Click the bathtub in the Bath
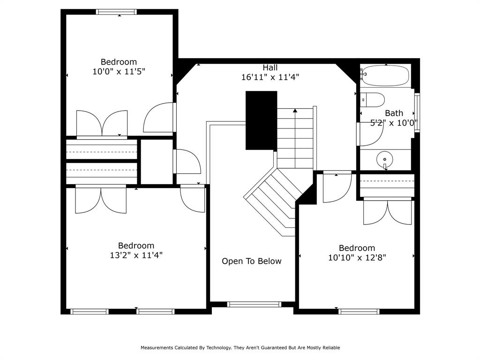pos(385,76)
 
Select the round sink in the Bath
pos(385,160)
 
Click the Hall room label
pos(270,67)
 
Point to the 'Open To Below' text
pos(252,261)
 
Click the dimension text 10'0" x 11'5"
pos(119,72)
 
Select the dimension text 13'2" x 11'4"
pos(136,255)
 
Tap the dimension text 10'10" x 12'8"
pos(357,258)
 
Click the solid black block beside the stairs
pos(261,120)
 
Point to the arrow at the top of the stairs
pos(295,111)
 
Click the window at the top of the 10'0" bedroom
pos(117,12)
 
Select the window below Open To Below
pos(254,304)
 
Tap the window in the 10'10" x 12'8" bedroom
pos(359,311)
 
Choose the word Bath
pos(394,113)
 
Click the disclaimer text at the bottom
pos(240,348)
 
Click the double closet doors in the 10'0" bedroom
pos(102,123)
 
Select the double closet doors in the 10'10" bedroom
pos(387,212)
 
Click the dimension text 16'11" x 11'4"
pos(270,77)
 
